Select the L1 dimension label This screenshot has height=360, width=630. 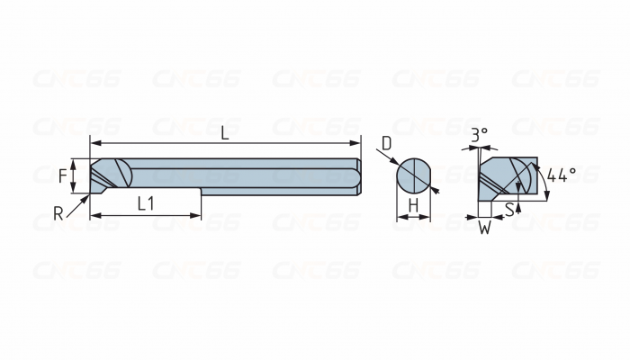(x=146, y=203)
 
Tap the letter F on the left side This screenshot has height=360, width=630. (x=64, y=175)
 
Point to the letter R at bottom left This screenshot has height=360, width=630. (x=58, y=213)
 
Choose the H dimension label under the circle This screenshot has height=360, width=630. (x=413, y=205)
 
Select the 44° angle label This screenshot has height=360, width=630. (x=561, y=175)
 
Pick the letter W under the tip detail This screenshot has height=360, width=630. (x=484, y=229)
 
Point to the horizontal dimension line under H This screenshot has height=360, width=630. (x=413, y=217)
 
